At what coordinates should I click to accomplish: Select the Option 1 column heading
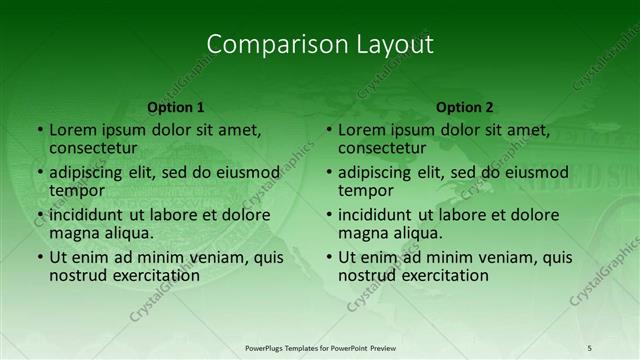pyautogui.click(x=176, y=107)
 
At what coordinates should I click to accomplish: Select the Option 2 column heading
pyautogui.click(x=465, y=107)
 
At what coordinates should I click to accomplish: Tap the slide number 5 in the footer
pyautogui.click(x=590, y=347)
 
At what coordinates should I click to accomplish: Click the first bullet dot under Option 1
pyautogui.click(x=39, y=130)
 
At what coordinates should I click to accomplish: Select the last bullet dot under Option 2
pyautogui.click(x=328, y=257)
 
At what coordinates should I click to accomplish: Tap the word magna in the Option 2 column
pyautogui.click(x=363, y=232)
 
